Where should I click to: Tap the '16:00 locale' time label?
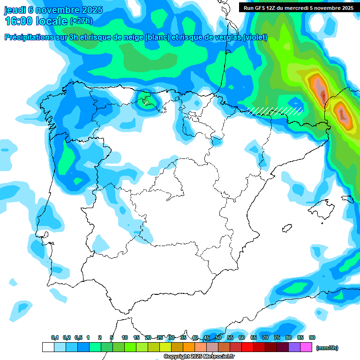36,21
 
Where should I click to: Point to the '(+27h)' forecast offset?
81,21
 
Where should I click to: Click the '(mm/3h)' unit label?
327,348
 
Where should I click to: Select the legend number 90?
312,337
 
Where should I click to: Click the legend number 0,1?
54,337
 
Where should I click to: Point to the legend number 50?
218,337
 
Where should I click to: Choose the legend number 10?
125,337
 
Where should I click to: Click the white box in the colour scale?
48,347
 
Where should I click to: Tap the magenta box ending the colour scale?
306,347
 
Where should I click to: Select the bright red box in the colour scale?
247,347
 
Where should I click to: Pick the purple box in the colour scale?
294,347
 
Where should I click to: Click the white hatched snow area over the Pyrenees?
275,111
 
